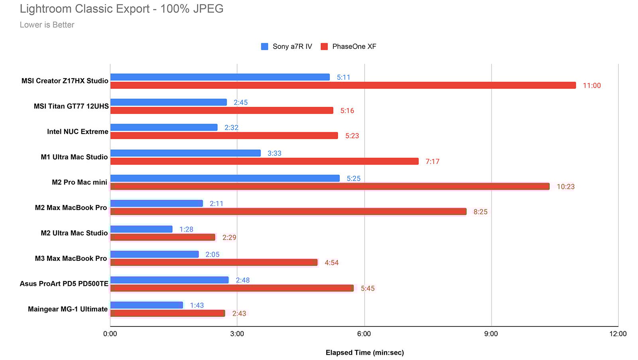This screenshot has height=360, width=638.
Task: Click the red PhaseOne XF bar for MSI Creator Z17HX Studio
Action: (x=343, y=85)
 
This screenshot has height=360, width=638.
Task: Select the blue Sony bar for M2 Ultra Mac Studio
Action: (x=141, y=229)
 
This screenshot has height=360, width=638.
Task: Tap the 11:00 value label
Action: (x=591, y=86)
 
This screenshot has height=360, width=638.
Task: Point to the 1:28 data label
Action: (x=186, y=229)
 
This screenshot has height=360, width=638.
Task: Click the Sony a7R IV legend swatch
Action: (x=264, y=47)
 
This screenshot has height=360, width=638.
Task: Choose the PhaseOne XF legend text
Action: (x=354, y=47)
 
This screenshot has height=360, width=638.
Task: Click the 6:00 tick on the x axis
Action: (x=364, y=334)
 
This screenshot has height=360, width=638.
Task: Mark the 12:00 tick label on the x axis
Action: (x=618, y=334)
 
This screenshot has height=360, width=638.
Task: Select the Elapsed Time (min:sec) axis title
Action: (x=364, y=352)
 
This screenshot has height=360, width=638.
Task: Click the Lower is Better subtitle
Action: (x=47, y=25)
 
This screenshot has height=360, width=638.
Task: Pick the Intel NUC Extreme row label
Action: (x=77, y=132)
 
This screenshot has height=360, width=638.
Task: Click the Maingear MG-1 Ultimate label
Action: (x=68, y=309)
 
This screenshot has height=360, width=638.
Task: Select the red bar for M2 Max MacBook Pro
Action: (x=288, y=212)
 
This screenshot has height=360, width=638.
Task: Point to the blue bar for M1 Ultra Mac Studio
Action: (x=185, y=153)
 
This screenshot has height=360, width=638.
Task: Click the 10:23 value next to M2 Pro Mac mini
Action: (x=565, y=187)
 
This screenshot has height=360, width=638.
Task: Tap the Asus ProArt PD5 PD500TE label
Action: (x=64, y=283)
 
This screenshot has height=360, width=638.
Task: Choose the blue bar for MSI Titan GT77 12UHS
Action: (x=168, y=102)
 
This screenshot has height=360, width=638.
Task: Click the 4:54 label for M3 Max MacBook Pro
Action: (x=331, y=263)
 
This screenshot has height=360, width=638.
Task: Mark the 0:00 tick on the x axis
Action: (x=110, y=334)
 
